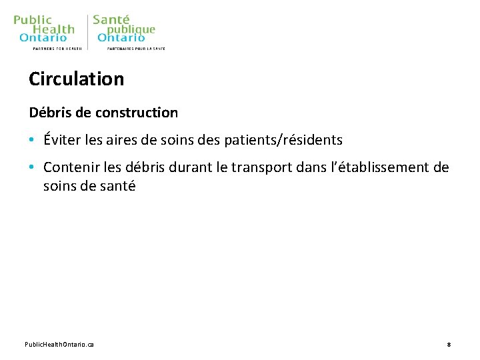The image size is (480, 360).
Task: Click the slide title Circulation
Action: tap(76, 79)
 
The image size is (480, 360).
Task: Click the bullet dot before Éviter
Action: tap(31, 141)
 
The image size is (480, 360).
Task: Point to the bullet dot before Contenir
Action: tap(31, 167)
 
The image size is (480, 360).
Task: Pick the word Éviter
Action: tap(61, 139)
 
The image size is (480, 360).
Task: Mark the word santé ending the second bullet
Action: tap(117, 186)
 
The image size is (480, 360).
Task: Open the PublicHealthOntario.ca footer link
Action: tap(59, 344)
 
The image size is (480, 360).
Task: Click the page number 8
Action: tap(449, 344)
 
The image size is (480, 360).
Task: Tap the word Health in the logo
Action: tap(54, 29)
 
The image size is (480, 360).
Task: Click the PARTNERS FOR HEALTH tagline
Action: tap(57, 49)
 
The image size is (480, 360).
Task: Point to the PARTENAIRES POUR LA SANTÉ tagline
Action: tap(136, 49)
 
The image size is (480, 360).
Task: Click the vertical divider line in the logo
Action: tap(87, 32)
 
